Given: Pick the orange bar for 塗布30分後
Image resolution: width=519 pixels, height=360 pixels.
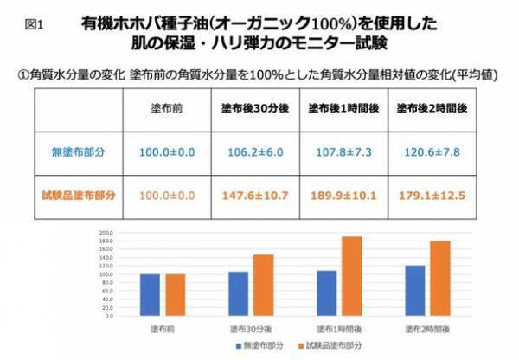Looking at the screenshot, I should pyautogui.click(x=263, y=286).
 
